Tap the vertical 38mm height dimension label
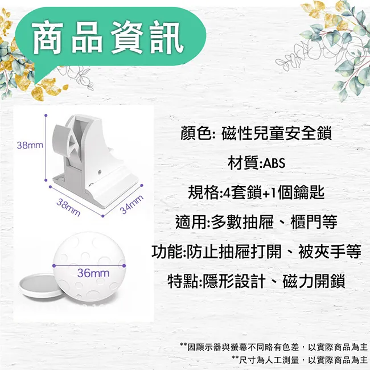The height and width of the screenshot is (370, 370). (30, 145)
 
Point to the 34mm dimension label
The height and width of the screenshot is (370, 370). (131, 204)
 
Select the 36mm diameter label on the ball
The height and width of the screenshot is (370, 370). (93, 273)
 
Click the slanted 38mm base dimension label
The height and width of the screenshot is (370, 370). (68, 207)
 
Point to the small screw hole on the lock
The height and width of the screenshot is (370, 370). (100, 171)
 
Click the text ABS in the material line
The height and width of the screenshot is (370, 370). (274, 163)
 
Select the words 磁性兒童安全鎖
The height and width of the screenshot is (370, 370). (277, 133)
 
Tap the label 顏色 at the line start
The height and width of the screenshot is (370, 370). (196, 133)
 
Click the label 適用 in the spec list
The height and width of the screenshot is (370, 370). (191, 222)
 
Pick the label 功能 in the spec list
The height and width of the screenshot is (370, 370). (167, 252)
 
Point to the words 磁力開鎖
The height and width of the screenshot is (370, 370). (314, 281)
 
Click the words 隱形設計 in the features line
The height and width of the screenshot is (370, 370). (234, 281)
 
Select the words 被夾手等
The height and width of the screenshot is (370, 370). (330, 252)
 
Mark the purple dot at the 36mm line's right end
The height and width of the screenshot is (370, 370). (124, 266)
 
